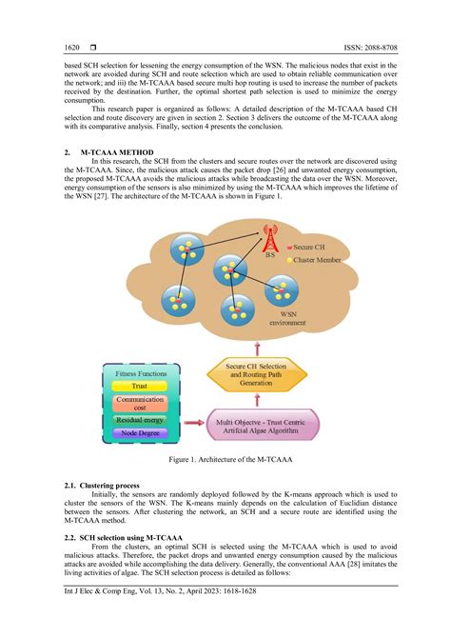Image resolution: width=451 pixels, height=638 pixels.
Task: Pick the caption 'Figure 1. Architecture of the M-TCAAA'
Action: (225, 459)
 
